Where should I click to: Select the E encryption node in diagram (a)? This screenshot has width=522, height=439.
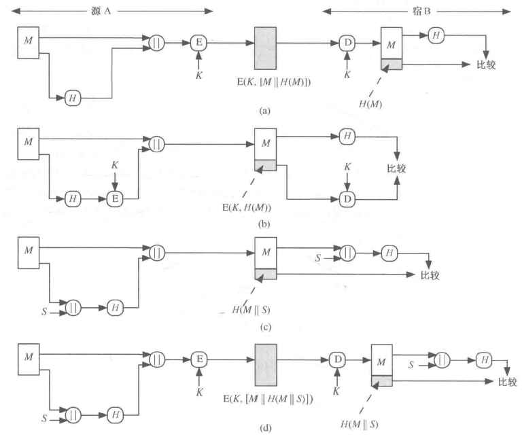click(199, 43)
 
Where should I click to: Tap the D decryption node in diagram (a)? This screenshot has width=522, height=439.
click(347, 43)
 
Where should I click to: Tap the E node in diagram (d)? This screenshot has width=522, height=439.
click(199, 358)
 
